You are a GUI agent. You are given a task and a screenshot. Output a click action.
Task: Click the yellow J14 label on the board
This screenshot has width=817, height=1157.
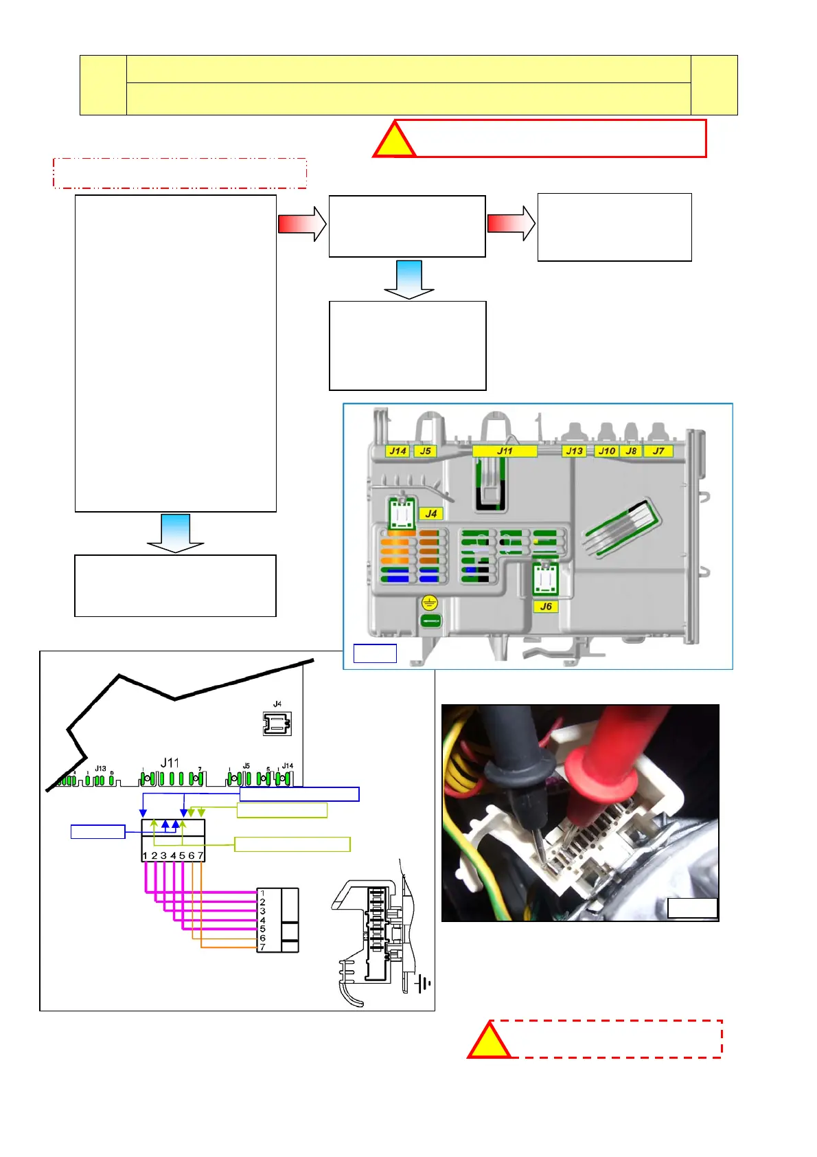398,451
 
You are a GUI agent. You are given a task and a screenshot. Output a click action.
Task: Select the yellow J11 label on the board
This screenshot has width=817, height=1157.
505,451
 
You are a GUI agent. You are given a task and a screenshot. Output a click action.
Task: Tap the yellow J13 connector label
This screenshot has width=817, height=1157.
574,451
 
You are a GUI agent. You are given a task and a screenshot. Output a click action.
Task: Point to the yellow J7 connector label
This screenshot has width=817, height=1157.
658,451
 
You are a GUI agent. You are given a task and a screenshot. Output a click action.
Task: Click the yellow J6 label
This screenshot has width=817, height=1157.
546,607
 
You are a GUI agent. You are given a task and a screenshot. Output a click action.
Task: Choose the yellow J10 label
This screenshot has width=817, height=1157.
606,451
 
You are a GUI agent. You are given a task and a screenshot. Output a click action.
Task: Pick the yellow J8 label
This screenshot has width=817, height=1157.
631,451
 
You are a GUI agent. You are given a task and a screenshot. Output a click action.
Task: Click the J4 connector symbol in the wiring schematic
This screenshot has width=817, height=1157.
277,723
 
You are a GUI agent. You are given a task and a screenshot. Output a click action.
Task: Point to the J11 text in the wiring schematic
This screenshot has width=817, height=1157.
170,763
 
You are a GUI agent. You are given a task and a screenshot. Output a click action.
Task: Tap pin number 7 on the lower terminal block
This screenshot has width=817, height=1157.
262,947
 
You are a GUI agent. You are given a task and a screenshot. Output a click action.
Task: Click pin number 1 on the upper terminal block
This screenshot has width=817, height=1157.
145,856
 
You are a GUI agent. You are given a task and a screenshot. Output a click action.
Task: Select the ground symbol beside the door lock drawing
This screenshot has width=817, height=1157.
423,984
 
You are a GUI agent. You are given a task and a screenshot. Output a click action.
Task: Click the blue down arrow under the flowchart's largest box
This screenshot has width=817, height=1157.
175,533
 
